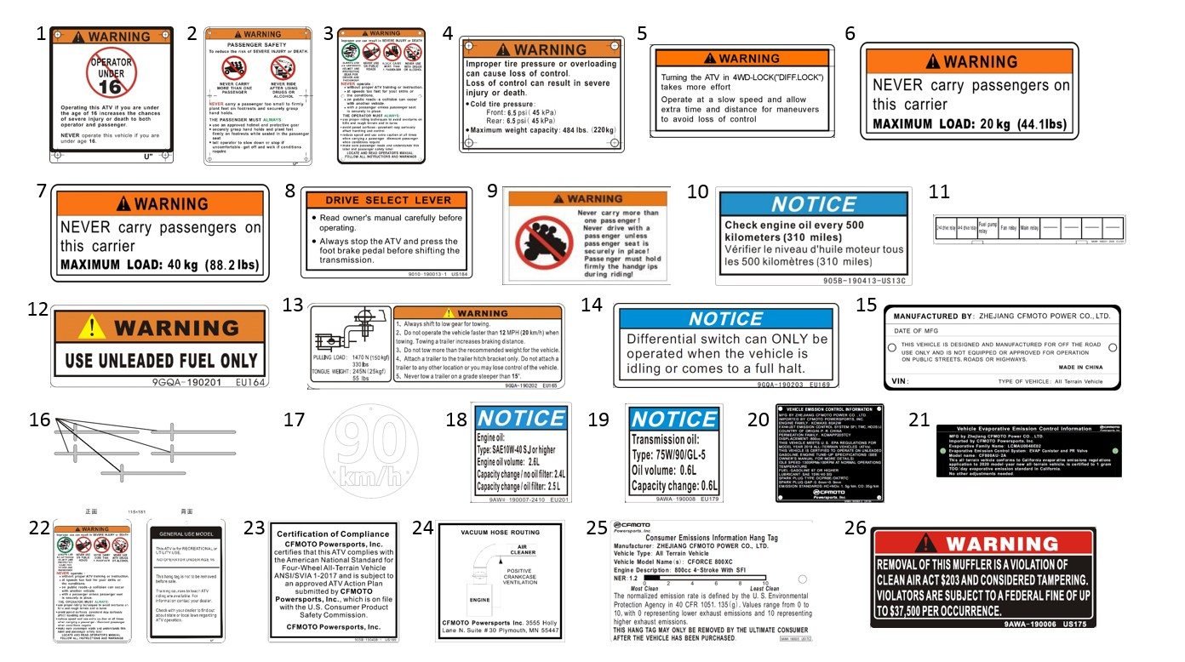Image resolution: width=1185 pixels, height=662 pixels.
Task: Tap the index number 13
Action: (293, 305)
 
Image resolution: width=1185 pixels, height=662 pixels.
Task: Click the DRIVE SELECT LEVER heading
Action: (386, 200)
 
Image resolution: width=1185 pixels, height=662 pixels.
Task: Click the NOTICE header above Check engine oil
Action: (813, 204)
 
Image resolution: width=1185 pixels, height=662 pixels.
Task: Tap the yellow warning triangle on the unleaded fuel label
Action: (92, 327)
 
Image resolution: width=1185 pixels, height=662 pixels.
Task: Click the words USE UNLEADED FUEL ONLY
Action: (160, 361)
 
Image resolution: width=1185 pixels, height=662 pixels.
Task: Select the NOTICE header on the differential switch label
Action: (725, 319)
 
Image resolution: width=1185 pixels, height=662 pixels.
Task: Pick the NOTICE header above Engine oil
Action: (520, 419)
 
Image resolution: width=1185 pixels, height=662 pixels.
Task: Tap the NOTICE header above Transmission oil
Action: (674, 419)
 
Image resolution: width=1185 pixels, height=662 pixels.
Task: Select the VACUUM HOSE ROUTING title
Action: (501, 532)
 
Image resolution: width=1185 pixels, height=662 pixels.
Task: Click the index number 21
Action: (919, 419)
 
